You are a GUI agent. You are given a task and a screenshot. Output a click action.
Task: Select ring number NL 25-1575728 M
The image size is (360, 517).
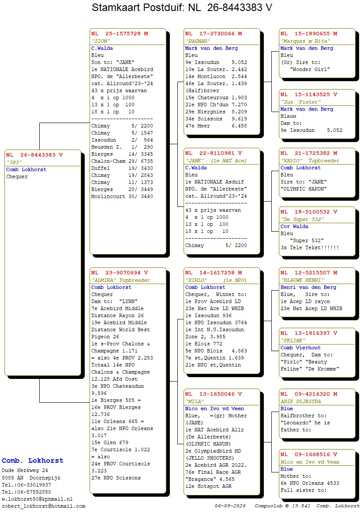[x=120, y=34]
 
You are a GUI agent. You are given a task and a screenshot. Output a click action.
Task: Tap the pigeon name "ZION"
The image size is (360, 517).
[x=101, y=41]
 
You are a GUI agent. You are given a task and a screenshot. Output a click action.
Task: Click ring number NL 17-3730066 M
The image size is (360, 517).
[x=214, y=34]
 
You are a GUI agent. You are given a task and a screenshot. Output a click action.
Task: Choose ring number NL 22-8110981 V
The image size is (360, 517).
[x=214, y=153]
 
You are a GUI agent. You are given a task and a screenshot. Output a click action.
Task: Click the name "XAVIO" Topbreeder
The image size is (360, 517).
[x=310, y=161]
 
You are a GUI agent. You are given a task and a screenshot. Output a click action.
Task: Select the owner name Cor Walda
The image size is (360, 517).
[x=294, y=226]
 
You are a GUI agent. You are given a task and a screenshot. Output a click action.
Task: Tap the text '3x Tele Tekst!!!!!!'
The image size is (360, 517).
[x=310, y=247]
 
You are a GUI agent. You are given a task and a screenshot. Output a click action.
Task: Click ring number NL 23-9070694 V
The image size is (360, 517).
[x=120, y=273]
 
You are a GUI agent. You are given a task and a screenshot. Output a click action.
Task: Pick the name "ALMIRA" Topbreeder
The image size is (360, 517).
[x=120, y=280]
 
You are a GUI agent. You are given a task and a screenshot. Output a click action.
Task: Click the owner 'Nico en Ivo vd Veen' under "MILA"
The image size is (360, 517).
[x=214, y=408]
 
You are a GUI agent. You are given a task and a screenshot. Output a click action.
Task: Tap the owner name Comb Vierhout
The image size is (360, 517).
[x=300, y=348]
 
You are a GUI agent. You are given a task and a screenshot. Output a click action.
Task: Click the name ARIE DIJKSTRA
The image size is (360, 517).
[x=300, y=401]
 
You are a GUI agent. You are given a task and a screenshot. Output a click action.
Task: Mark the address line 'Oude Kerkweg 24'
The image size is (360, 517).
[x=25, y=470]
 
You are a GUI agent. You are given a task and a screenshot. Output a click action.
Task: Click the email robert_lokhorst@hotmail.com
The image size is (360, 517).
[x=44, y=506]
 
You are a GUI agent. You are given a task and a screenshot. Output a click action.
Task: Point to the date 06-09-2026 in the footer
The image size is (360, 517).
[x=230, y=506]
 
